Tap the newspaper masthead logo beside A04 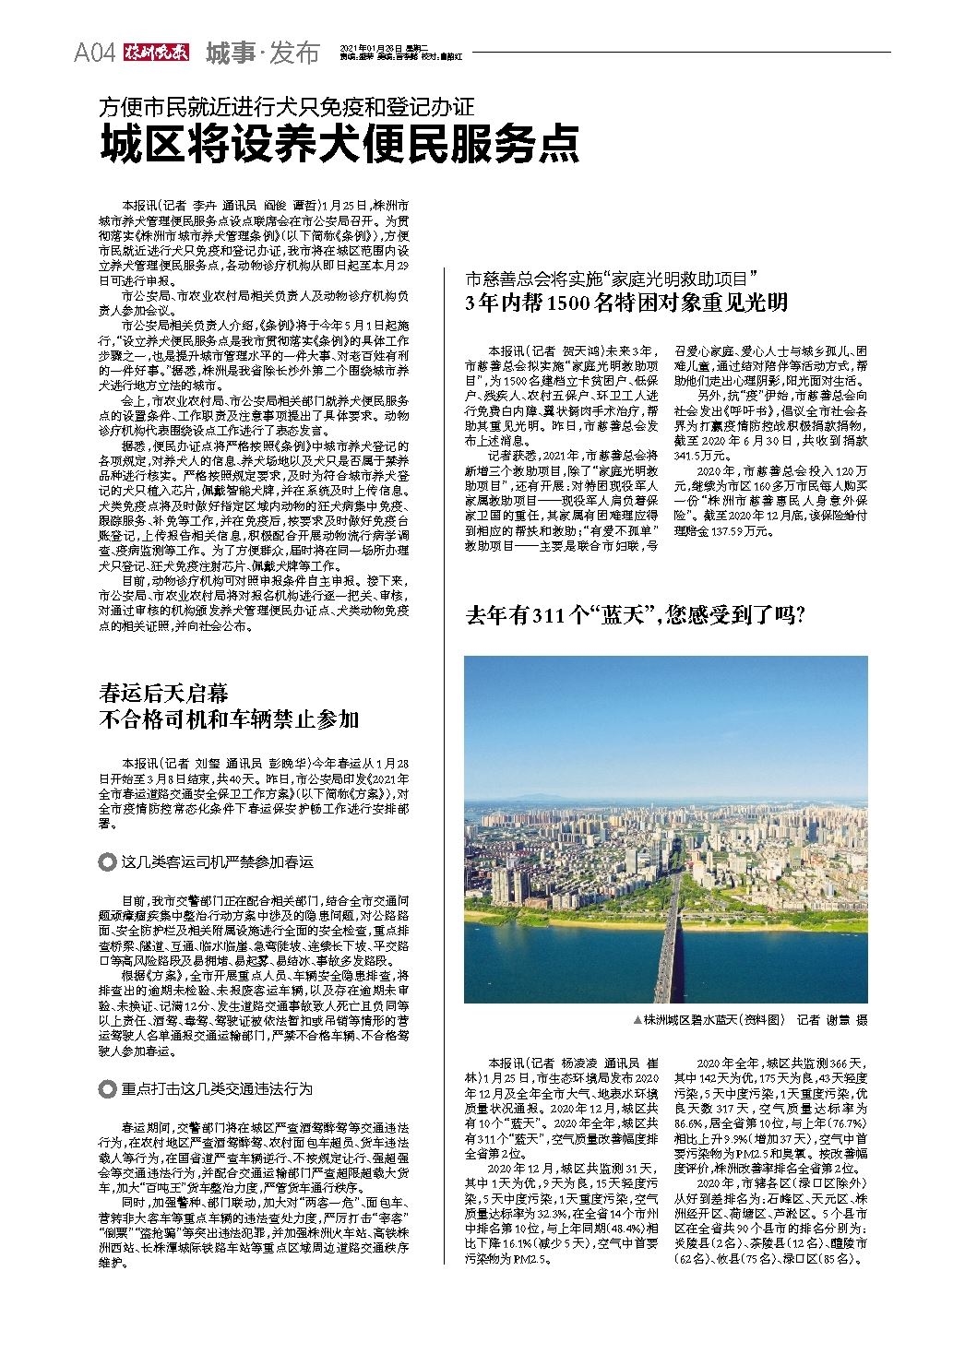coord(156,53)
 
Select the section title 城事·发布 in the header coord(261,53)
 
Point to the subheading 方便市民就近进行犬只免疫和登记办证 coord(286,106)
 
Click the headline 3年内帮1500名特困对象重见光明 coord(627,303)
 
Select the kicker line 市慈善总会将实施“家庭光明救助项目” coord(612,277)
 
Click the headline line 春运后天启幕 coord(163,693)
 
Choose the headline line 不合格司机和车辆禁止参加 coord(228,719)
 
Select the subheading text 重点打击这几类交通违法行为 coord(217,1089)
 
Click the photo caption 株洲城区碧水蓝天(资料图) coord(713,1020)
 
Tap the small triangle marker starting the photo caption coord(637,1020)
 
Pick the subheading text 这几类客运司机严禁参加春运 coord(217,861)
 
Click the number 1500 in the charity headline coord(568,303)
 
